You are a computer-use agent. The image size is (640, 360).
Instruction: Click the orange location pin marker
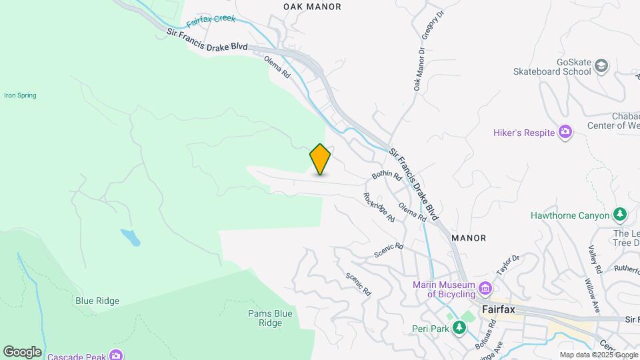[320, 159]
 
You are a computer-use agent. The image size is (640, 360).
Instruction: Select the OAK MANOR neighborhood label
[312, 7]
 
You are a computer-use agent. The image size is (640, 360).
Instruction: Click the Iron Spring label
[20, 95]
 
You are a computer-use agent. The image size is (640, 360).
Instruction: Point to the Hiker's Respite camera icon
[565, 132]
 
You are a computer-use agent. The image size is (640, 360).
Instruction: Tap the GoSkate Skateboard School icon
[601, 65]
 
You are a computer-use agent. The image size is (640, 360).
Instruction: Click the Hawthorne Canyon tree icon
[620, 215]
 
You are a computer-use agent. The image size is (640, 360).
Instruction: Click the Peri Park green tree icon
[459, 328]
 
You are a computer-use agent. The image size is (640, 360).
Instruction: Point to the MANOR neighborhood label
[469, 237]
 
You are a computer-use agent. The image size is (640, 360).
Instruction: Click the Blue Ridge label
[97, 301]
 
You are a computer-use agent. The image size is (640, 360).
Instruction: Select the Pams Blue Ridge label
[270, 318]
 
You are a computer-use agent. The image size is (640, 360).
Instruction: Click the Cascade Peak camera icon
[117, 354]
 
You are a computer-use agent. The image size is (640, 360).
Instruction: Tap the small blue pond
[130, 237]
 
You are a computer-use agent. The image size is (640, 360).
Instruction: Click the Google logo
[22, 351]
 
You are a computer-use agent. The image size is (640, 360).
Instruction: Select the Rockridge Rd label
[379, 207]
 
